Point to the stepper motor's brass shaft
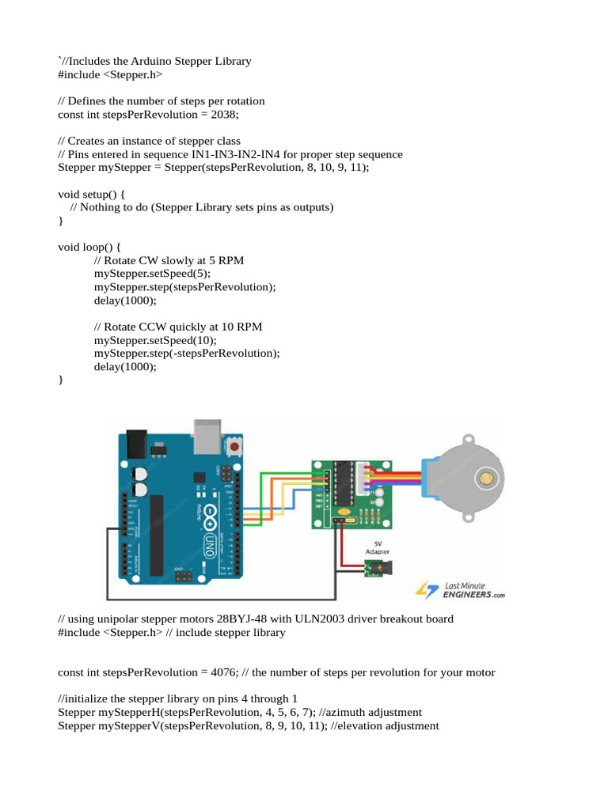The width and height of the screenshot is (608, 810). point(485,478)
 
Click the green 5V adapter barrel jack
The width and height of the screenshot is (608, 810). point(378,569)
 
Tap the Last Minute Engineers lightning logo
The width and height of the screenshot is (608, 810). point(427,589)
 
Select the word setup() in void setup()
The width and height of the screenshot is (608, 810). point(104,194)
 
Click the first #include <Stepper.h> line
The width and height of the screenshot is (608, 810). point(110,74)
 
